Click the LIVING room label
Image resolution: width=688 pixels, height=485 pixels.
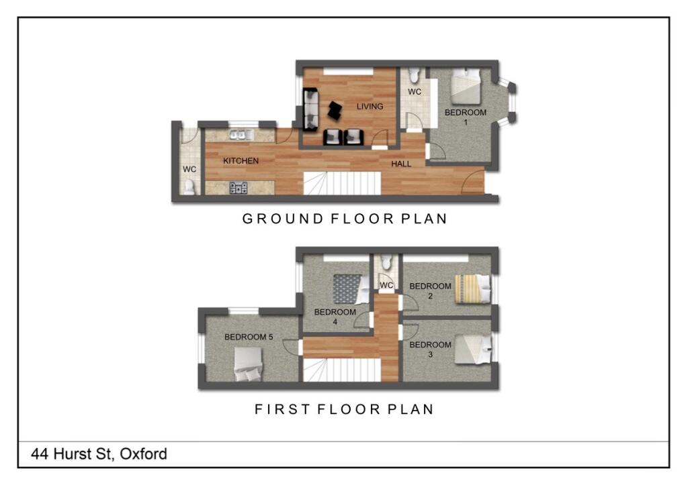click(370, 107)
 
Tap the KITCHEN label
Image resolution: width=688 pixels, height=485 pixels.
click(241, 161)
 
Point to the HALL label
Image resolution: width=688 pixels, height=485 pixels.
click(401, 164)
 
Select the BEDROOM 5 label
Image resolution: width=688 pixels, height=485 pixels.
click(249, 337)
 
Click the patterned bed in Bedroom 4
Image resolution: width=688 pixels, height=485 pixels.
click(347, 290)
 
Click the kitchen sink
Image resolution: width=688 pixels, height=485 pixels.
click(239, 135)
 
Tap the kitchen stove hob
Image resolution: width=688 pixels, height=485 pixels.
click(238, 188)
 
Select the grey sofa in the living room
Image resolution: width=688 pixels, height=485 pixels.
click(311, 111)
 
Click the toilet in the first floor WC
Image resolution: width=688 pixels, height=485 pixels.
click(386, 262)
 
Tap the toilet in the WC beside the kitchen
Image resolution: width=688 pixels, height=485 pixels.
click(189, 187)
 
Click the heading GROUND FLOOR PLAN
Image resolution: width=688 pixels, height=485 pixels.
click(344, 219)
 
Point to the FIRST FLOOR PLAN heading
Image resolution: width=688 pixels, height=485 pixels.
click(343, 409)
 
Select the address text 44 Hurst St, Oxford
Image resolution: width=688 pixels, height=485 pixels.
click(99, 454)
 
